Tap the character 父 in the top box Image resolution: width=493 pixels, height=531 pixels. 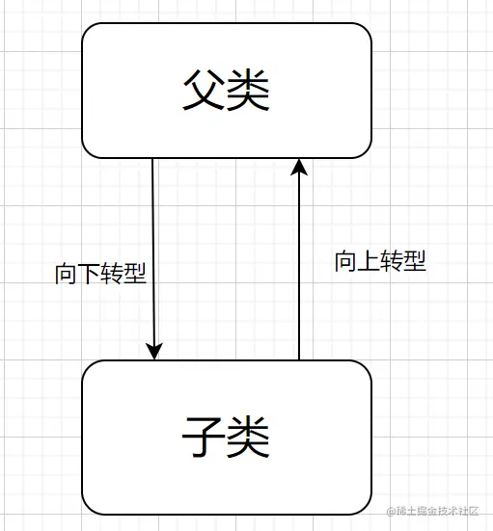point(204,92)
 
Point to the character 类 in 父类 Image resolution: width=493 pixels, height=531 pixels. point(248,92)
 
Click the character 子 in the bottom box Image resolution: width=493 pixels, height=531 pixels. point(204,438)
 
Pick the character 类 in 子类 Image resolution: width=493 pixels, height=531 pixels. point(248,438)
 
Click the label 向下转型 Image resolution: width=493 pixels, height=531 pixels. point(100,273)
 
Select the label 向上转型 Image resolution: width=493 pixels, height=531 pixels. point(380,261)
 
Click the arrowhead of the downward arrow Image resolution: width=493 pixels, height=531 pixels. point(153,351)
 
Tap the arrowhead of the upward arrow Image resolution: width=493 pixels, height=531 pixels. point(299,169)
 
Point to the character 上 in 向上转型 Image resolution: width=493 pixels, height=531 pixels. point(370,261)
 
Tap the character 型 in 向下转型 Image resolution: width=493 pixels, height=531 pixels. point(135,273)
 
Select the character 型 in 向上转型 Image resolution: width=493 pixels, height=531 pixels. point(415,261)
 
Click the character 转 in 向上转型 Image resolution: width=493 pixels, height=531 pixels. point(392,261)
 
